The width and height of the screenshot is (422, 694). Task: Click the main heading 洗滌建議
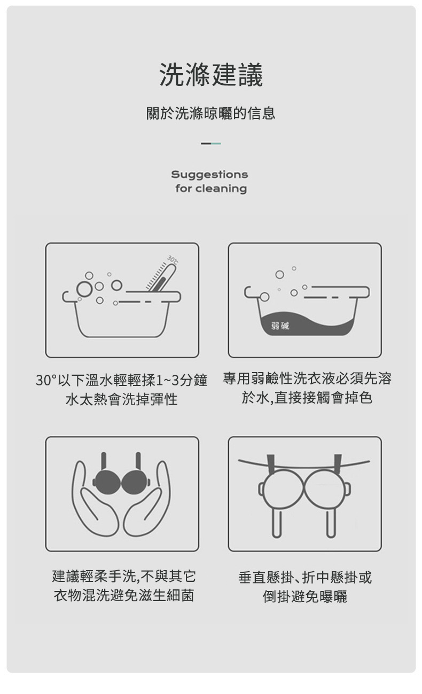(211, 74)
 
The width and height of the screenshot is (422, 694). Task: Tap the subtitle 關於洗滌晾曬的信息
(211, 113)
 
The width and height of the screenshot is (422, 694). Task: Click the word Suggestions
(209, 175)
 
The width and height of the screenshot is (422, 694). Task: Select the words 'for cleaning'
(211, 188)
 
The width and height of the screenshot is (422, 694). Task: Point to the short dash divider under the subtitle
(211, 144)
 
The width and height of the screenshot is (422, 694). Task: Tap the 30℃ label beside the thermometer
(173, 259)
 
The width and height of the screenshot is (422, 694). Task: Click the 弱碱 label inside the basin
(280, 326)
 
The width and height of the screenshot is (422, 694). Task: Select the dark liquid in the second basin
(307, 325)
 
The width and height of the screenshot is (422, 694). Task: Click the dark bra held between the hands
(121, 482)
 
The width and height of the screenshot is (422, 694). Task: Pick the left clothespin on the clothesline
(270, 464)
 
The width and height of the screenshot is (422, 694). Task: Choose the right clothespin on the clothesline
(338, 464)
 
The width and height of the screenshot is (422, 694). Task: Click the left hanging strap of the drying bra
(277, 524)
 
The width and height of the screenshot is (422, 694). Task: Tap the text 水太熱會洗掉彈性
(122, 399)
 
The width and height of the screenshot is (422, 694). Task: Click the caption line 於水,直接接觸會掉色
(307, 398)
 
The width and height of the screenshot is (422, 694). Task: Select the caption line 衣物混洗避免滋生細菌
(124, 595)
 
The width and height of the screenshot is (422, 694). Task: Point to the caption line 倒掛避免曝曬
(305, 596)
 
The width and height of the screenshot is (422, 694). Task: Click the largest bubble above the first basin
(84, 289)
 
